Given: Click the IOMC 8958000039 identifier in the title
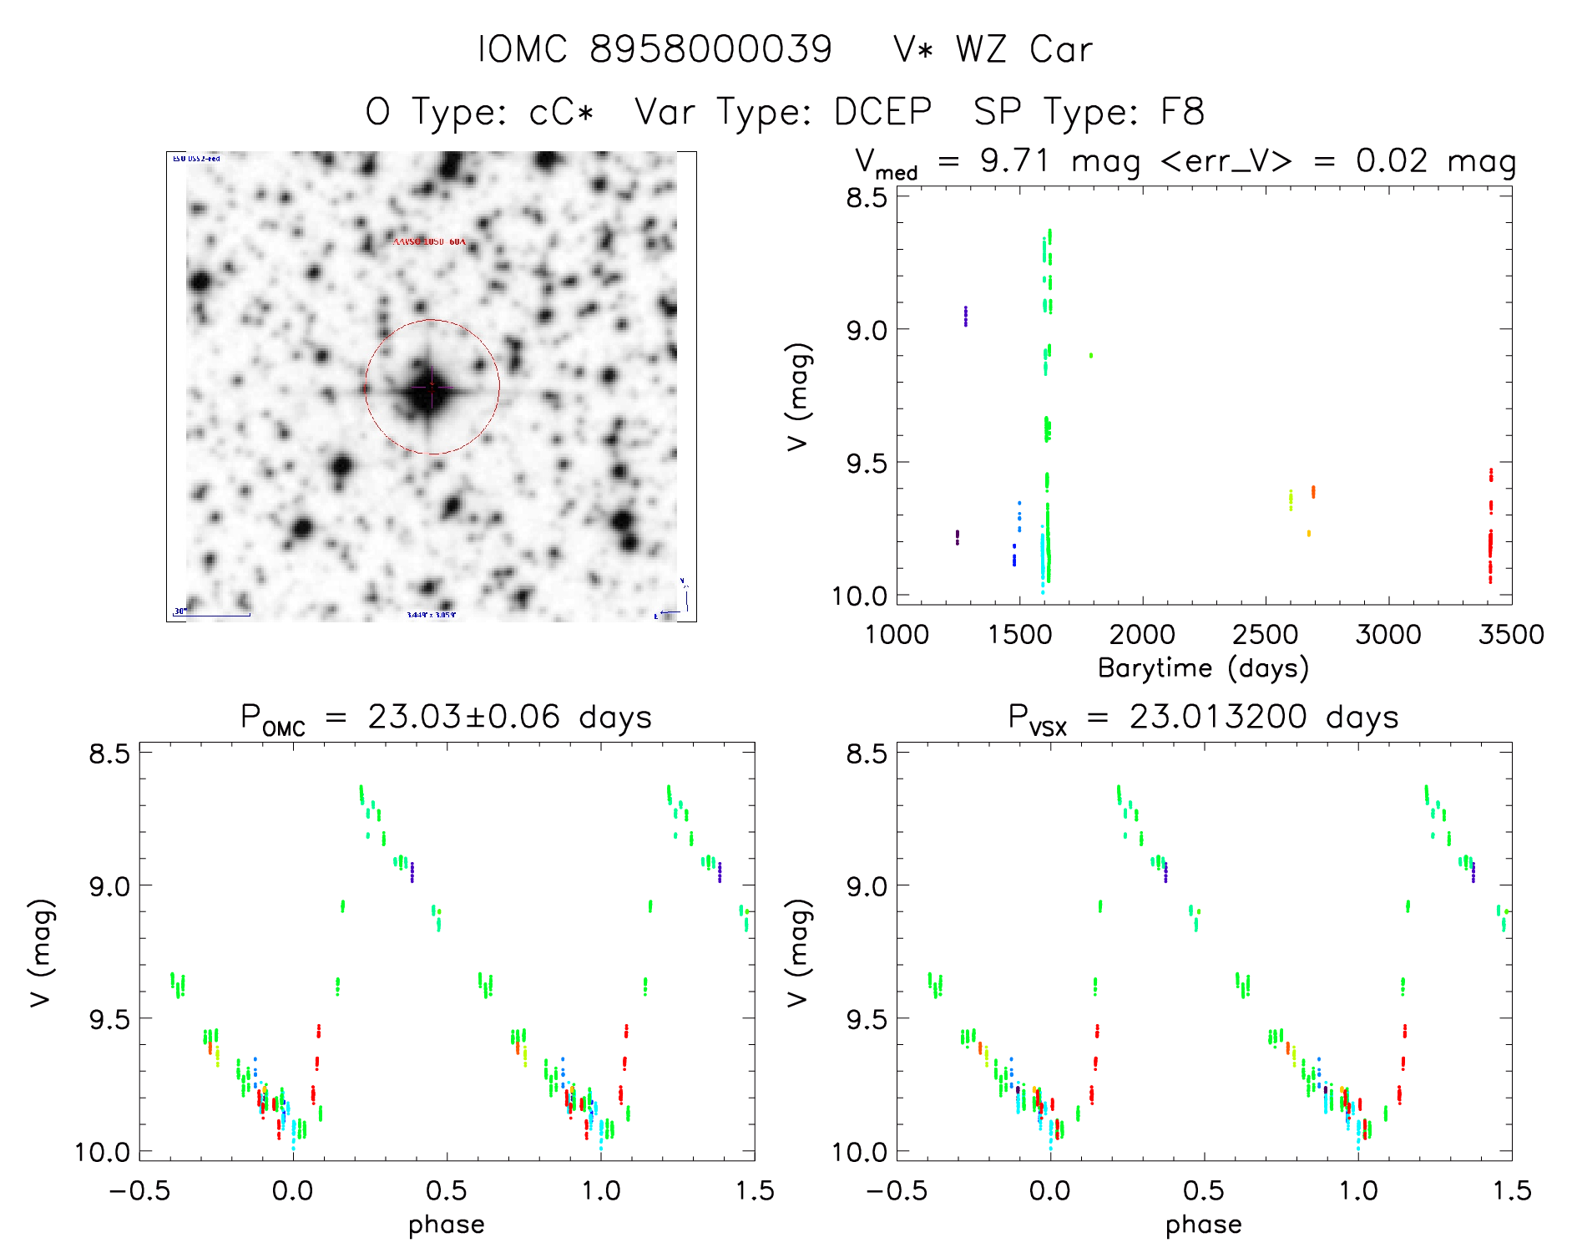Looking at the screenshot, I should pos(655,49).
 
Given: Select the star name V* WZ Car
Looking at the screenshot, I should pos(993,49).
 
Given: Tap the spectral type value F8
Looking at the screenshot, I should pos(1182,112).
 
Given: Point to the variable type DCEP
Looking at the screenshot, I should pos(882,112).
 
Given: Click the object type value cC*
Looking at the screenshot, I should pos(561,112).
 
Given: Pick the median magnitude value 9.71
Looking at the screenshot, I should pos(1014,160).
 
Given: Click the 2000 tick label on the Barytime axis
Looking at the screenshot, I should pos(1142,635).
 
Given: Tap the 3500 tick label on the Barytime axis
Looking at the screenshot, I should pos(1510,635).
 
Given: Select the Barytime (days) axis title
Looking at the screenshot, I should pos(1203,668).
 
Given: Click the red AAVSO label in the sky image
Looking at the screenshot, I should pos(429,241).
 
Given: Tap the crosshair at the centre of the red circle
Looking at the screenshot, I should pos(432,387).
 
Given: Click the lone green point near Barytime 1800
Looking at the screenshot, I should pos(1090,355).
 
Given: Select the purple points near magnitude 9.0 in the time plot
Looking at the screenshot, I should pos(966,316).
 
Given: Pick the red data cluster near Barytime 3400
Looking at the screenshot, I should pos(1490,535).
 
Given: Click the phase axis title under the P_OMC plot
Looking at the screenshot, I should pos(446,1225).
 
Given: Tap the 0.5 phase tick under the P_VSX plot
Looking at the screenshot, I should pos(1203,1191).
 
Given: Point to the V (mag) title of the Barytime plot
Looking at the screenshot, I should pos(798,396).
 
